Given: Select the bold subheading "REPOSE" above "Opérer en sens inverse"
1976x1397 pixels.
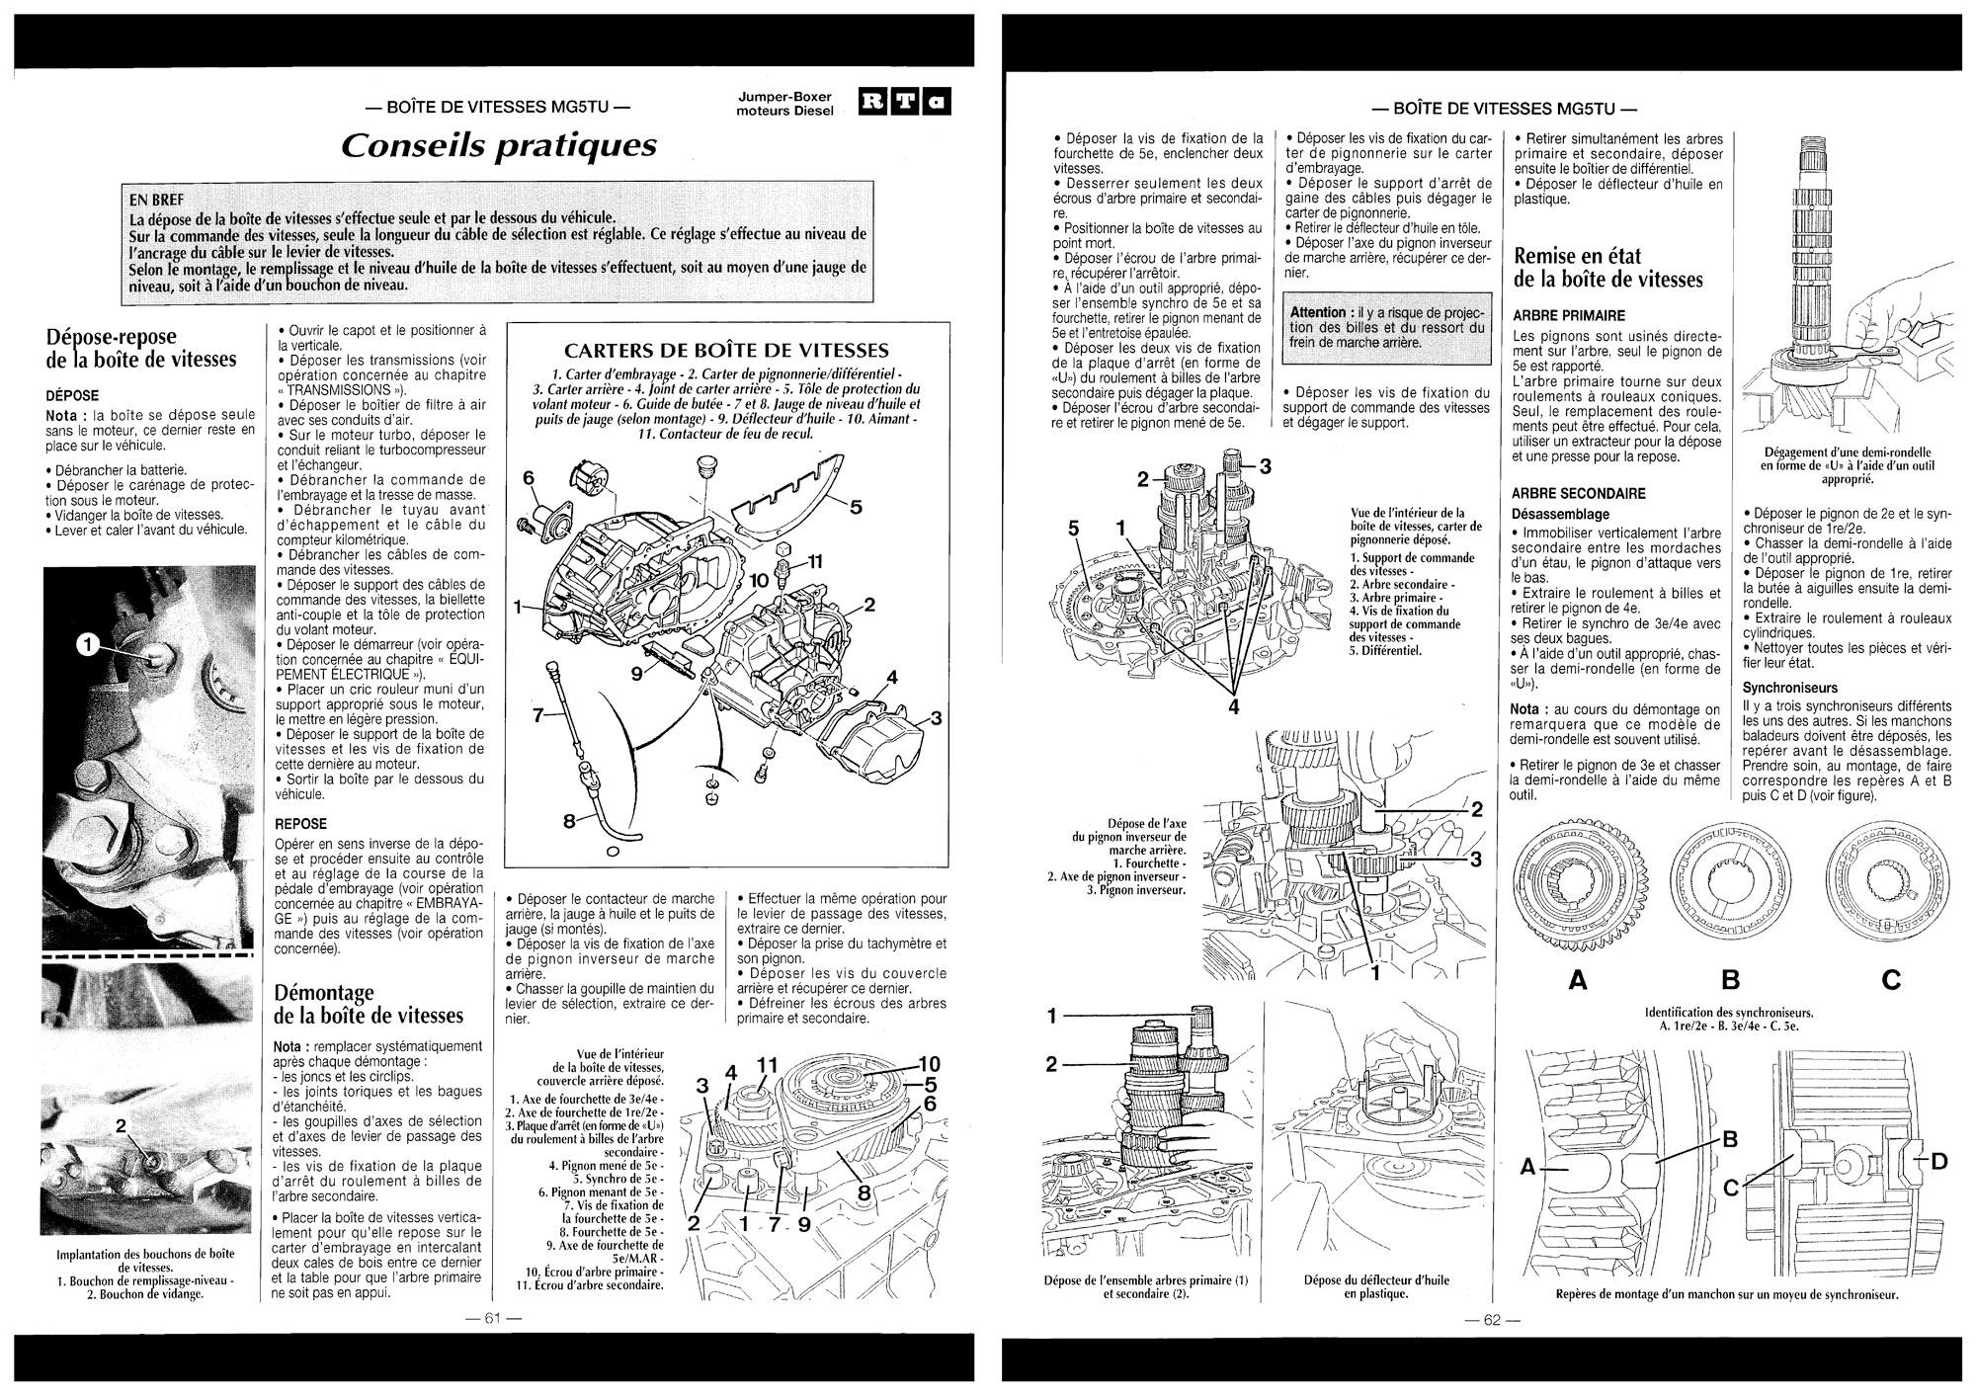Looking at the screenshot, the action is (x=300, y=823).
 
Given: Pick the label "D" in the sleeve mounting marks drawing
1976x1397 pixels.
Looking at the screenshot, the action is (x=1938, y=1161).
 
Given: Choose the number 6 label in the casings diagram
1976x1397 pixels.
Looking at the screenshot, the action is (x=528, y=478).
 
